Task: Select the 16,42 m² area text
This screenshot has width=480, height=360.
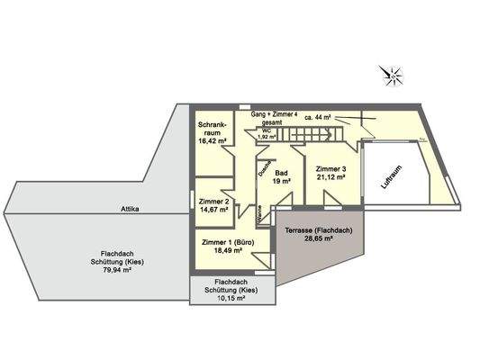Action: click(213, 141)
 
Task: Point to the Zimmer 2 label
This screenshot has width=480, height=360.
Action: click(214, 202)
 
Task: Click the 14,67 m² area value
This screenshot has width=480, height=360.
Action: click(214, 211)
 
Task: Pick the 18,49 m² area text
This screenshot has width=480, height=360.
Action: click(225, 253)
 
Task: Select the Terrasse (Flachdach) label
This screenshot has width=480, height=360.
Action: click(318, 231)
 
